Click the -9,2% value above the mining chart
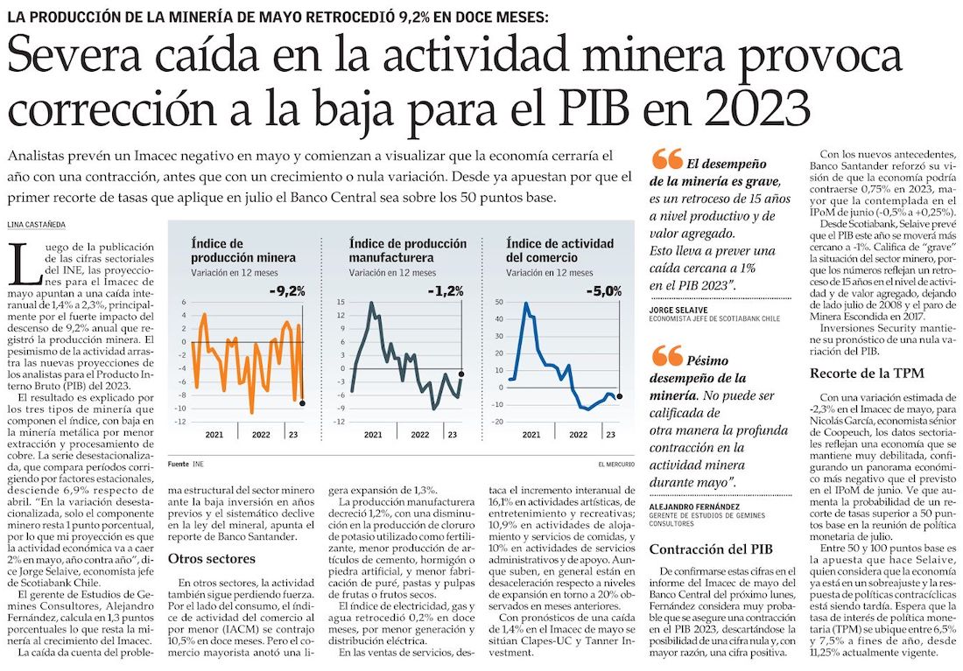[287, 290]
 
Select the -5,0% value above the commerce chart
[604, 290]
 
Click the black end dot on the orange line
[302, 403]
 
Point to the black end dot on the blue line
[620, 396]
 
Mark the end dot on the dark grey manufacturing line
[461, 374]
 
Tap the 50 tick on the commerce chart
[500, 303]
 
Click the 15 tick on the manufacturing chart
[341, 303]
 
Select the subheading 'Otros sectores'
[211, 558]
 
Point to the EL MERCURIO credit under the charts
[616, 463]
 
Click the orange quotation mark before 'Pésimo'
[667, 355]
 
